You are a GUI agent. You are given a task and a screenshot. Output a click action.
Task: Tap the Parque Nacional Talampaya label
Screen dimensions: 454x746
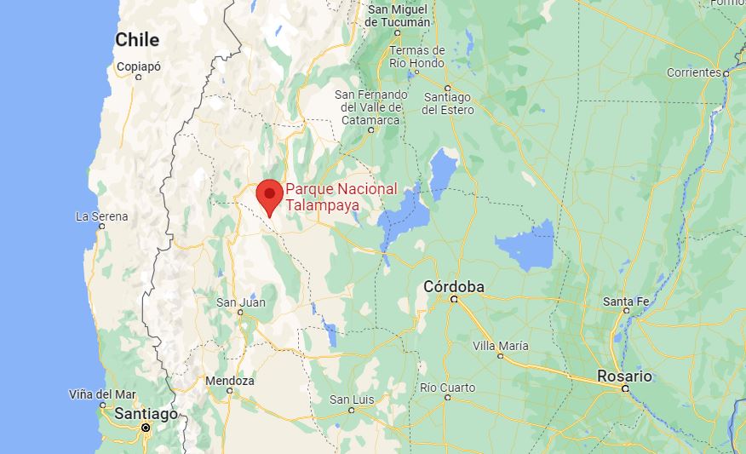point(341,197)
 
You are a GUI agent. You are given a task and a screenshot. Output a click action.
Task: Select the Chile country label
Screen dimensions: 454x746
point(137,39)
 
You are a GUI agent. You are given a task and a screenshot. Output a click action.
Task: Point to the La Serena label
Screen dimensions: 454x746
point(102,216)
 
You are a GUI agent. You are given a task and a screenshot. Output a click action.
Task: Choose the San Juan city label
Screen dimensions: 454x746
point(240,302)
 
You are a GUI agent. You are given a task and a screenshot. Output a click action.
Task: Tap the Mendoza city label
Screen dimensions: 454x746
point(229,381)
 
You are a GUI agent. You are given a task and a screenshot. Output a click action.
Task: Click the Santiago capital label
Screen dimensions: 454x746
point(146,413)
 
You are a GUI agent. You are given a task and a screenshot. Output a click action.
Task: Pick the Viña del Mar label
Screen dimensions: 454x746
point(101,394)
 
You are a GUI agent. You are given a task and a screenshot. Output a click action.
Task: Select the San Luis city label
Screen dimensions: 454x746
point(352,399)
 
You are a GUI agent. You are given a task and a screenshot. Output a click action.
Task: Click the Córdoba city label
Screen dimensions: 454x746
point(454,287)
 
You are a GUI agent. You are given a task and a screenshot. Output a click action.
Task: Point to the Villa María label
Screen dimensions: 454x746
point(501,346)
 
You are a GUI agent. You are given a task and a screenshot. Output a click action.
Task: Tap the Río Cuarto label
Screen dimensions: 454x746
point(447,388)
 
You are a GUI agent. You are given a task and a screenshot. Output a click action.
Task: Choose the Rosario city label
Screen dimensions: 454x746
point(624,376)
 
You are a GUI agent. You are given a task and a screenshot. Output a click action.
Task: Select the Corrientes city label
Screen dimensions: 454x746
point(694,72)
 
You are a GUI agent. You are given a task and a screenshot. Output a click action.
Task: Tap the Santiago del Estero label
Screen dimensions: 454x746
point(447,104)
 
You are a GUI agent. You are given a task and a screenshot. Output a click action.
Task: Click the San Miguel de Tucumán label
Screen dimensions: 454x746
point(396,15)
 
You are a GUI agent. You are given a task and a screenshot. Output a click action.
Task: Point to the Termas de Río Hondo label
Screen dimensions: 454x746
point(416,57)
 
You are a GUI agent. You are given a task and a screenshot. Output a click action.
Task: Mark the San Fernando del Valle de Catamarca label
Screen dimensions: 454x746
point(370,107)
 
